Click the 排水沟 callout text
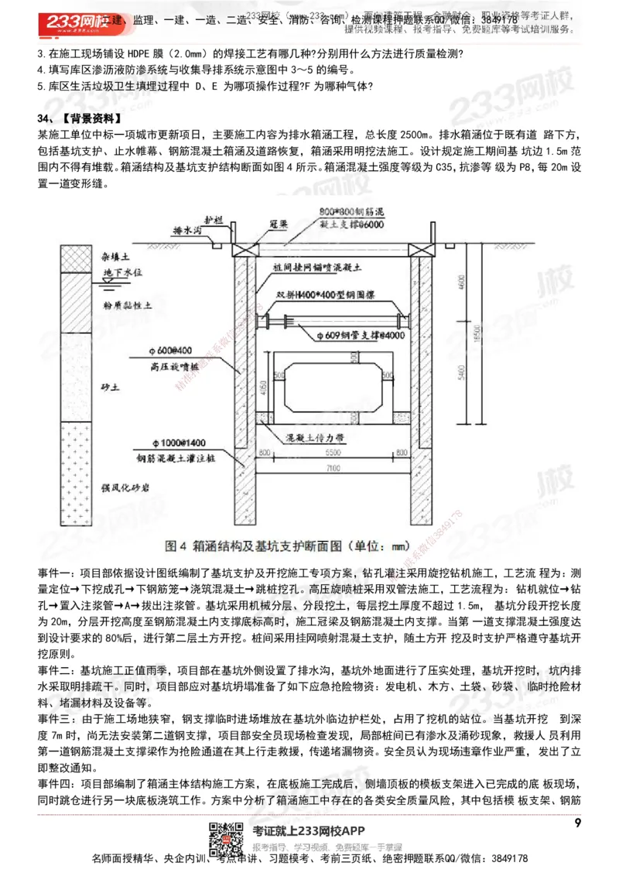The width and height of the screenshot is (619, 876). (188, 231)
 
